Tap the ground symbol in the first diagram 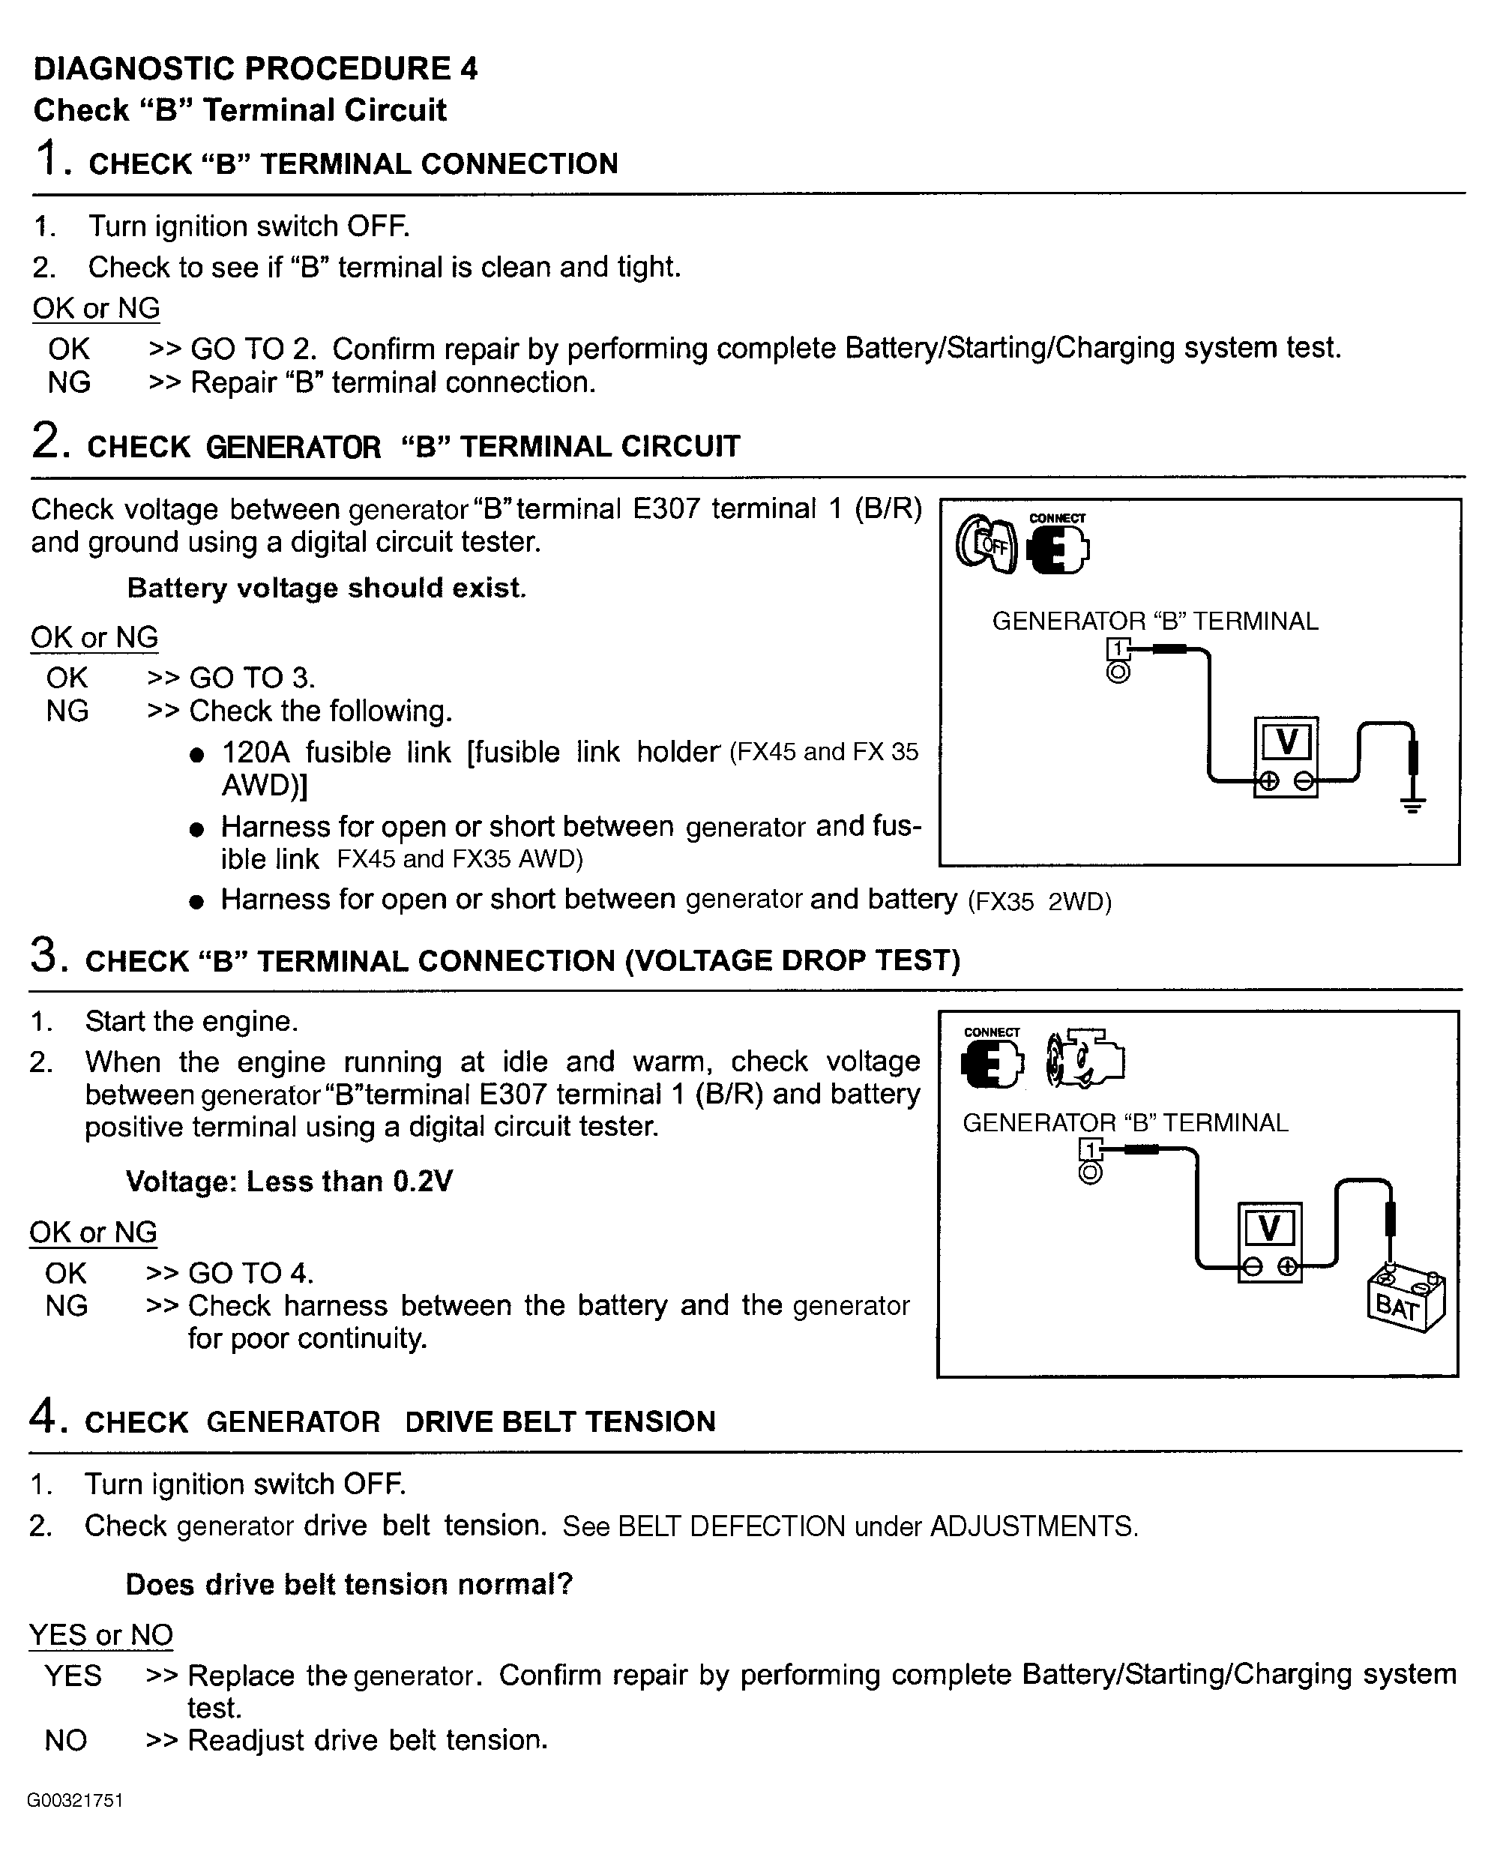pyautogui.click(x=1413, y=804)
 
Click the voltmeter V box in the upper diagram pyautogui.click(x=1286, y=756)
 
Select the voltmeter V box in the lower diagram pyautogui.click(x=1269, y=1242)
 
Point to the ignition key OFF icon pyautogui.click(x=987, y=544)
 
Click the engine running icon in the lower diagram pyautogui.click(x=1085, y=1059)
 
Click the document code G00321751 pyautogui.click(x=75, y=1800)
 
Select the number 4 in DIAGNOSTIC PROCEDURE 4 pyautogui.click(x=469, y=69)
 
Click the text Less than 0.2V pyautogui.click(x=349, y=1182)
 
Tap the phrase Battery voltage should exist pyautogui.click(x=327, y=588)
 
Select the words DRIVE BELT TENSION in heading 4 pyautogui.click(x=560, y=1421)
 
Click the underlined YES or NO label pyautogui.click(x=101, y=1635)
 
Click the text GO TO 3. pyautogui.click(x=253, y=678)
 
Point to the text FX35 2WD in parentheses pyautogui.click(x=1040, y=902)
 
